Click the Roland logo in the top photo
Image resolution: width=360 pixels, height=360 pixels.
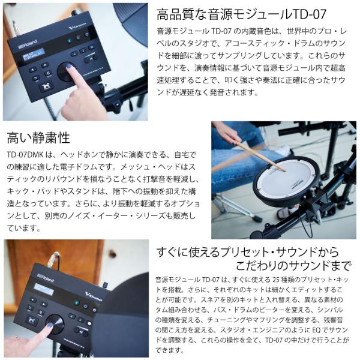28,44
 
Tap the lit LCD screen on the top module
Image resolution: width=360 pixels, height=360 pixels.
32,54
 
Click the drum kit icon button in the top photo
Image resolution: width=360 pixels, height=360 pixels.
46,86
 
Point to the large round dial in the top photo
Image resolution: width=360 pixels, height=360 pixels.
66,71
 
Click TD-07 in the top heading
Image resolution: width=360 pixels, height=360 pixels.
309,14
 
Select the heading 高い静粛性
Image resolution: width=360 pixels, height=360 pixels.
38,138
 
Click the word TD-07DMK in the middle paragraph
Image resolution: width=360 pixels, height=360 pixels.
25,155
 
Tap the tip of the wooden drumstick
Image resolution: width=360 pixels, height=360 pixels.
284,170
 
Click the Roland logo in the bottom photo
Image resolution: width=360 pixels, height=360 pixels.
46,278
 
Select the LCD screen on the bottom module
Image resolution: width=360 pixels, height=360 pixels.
44,290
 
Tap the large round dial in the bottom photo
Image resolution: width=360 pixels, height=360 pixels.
55,323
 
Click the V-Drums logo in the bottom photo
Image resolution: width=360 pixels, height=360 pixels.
94,296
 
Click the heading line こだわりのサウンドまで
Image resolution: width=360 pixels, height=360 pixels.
293,266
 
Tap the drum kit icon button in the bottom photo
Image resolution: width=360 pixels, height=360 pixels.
32,320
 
